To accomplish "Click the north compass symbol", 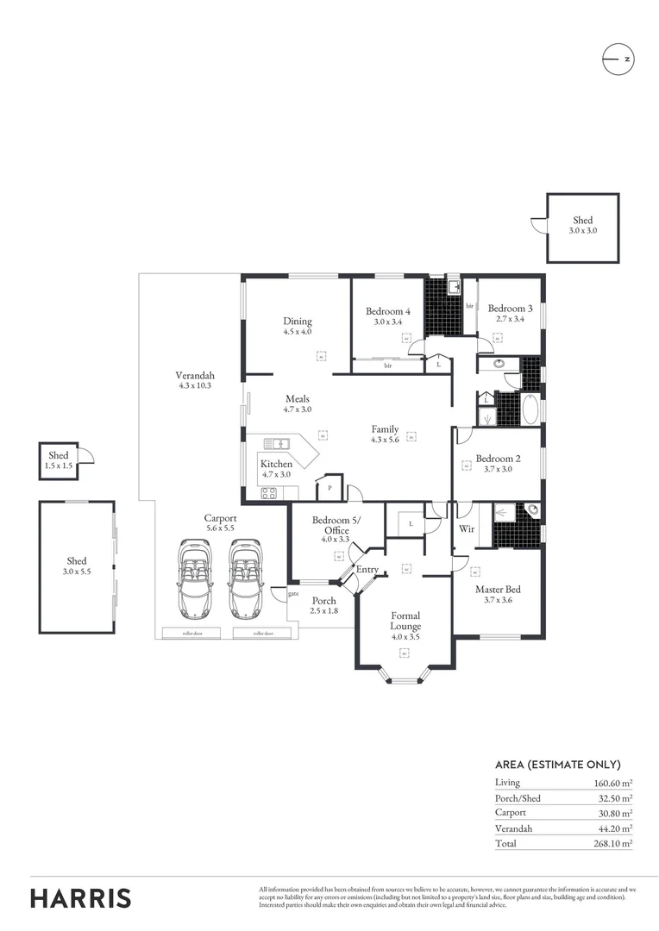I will (x=618, y=59).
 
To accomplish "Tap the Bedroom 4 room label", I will (x=387, y=310).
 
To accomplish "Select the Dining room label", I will (x=297, y=322).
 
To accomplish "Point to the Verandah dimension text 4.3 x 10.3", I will (x=195, y=386).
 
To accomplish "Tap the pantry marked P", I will (x=329, y=488).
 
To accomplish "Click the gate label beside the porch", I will (x=292, y=593).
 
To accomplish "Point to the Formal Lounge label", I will (x=405, y=621).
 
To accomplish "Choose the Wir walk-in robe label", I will (x=467, y=528).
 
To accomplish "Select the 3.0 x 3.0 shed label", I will (x=582, y=226).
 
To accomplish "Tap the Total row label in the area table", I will (x=505, y=843).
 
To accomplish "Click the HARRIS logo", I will (x=81, y=897).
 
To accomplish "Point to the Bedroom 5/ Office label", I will (x=336, y=526).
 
